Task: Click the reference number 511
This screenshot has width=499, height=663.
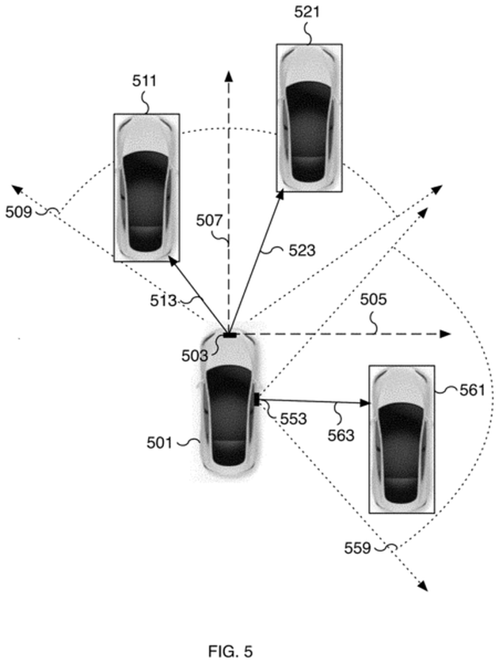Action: [x=145, y=81]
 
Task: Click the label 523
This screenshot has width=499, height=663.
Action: [x=302, y=251]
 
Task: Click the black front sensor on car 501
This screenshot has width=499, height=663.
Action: [x=230, y=335]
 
